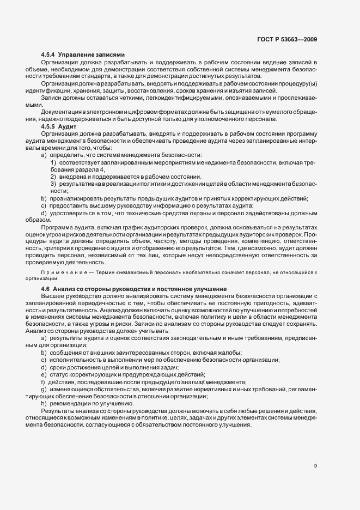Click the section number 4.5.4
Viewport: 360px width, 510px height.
(48, 56)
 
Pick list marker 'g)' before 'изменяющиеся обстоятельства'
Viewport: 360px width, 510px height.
(44, 390)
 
